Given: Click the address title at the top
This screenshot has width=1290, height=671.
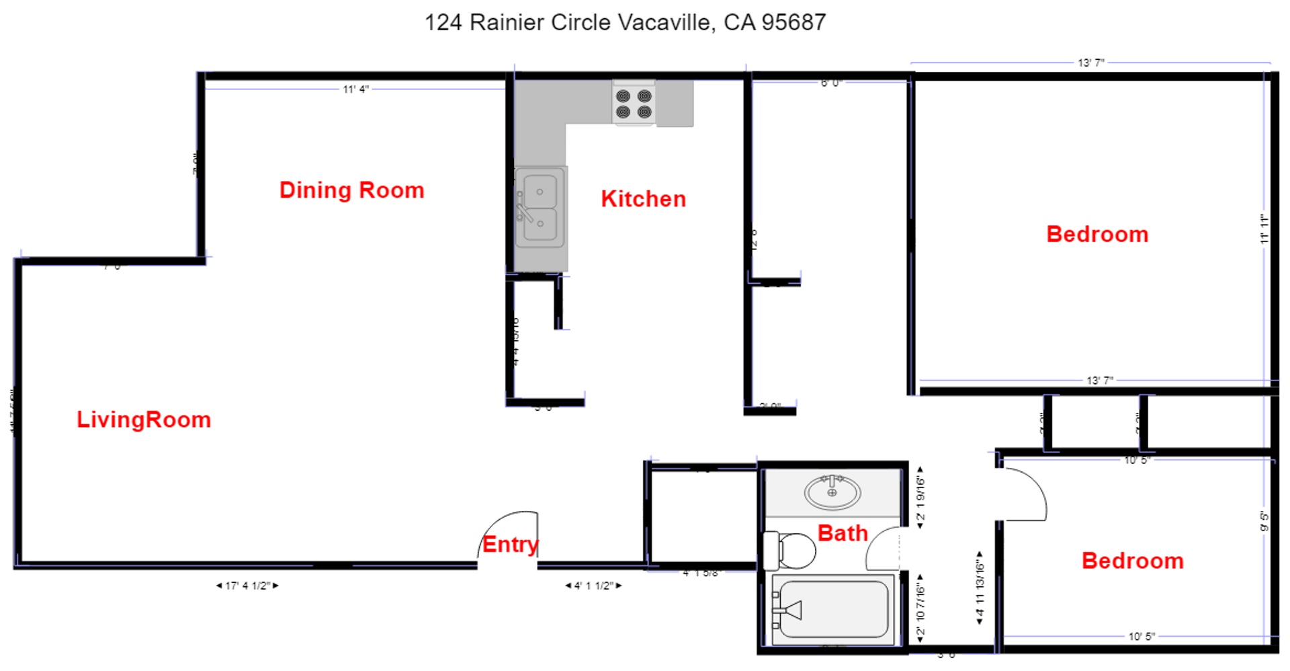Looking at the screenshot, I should (x=625, y=22).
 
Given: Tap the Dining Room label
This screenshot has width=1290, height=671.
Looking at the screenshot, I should (x=351, y=190).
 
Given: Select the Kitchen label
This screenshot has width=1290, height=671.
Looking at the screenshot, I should (x=643, y=199).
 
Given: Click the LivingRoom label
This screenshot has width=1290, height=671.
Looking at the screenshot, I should (x=144, y=420).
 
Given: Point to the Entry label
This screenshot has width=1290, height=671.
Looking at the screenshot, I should (x=510, y=544).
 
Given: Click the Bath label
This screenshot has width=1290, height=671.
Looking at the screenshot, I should (x=843, y=533).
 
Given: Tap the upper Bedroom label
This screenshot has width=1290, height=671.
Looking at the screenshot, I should (x=1097, y=234).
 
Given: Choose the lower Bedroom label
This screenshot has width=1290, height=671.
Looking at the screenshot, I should (x=1132, y=561).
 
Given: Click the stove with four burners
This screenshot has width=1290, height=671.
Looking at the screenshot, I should (x=634, y=104).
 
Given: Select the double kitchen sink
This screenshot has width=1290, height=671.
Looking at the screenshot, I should (x=540, y=208).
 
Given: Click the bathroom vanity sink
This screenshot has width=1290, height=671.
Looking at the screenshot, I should (x=832, y=492).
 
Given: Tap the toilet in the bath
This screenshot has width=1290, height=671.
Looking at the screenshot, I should (x=790, y=550).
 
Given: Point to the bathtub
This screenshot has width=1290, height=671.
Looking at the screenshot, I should (x=832, y=609).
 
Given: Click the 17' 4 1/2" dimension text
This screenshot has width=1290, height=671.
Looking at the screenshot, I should (x=247, y=586).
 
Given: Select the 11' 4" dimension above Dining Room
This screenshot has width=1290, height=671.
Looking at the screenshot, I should (x=355, y=89).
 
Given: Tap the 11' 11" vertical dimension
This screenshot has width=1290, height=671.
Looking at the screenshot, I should (x=1264, y=229).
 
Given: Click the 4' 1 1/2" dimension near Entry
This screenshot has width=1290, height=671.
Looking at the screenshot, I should (x=593, y=586).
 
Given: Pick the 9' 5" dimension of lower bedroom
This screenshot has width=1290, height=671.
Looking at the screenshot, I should (x=1264, y=521).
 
